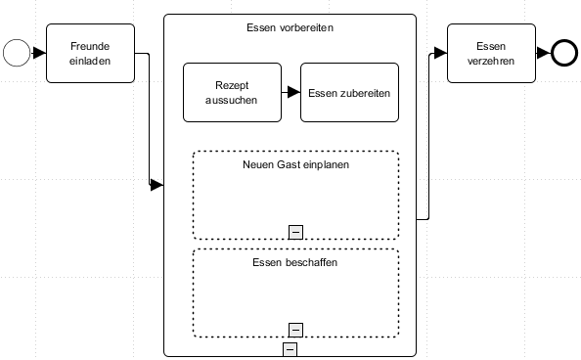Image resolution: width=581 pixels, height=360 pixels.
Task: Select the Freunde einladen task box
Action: (x=90, y=53)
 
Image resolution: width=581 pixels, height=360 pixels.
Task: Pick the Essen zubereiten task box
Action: (x=349, y=93)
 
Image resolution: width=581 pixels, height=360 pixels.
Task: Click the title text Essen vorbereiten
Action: (x=290, y=28)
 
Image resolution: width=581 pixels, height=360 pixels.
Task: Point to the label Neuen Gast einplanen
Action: (x=295, y=164)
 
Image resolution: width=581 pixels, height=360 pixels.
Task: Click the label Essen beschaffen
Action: (x=295, y=262)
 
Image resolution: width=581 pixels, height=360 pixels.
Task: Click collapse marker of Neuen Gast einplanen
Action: (x=295, y=231)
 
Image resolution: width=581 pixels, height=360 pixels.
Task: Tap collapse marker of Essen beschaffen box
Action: (x=295, y=329)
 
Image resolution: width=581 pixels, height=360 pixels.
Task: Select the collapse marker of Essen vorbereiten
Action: (x=290, y=348)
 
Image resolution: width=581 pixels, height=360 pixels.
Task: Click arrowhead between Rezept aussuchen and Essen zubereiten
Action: (x=293, y=93)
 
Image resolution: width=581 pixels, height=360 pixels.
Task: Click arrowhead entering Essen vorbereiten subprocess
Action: (x=156, y=185)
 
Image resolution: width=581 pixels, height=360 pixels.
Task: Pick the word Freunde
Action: (x=90, y=46)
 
